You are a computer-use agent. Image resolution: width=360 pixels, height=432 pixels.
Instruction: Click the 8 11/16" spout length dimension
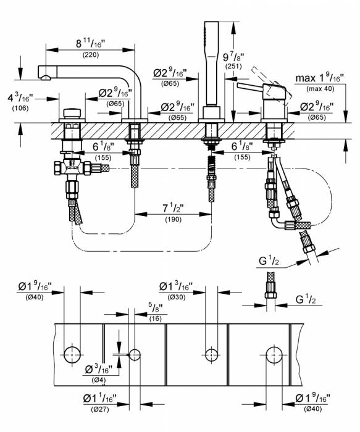(x=91, y=44)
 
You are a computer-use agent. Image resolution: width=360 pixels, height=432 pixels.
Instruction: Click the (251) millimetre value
(x=233, y=67)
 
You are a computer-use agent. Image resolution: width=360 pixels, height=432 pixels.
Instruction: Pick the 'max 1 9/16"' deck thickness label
(x=320, y=78)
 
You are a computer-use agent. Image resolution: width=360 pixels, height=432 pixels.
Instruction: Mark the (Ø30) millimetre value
(x=174, y=297)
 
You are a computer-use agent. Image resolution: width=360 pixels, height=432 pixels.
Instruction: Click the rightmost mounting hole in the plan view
(x=275, y=354)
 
